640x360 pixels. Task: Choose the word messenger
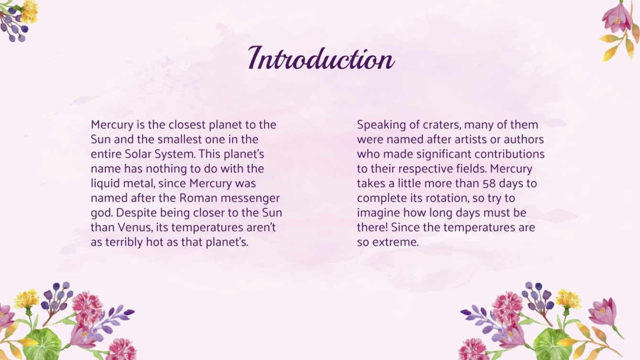coord(255,198)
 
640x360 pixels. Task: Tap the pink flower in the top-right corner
coord(616,18)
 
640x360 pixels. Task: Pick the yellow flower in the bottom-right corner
coord(568,299)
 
